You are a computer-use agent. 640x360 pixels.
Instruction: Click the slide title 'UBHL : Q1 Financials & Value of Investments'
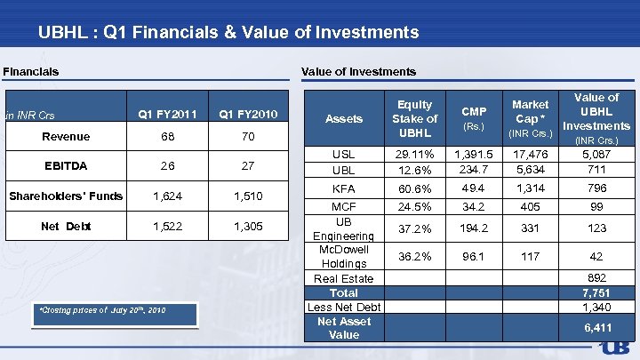228,33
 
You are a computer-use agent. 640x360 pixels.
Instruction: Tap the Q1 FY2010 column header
248,114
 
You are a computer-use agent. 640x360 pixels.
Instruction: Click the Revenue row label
67,136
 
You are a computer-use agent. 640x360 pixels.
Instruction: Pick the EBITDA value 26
168,165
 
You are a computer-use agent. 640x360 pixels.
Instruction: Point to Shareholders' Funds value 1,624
168,196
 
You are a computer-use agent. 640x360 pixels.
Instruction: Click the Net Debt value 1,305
248,226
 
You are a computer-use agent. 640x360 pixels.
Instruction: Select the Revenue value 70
248,136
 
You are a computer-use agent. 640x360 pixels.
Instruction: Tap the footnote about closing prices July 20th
103,310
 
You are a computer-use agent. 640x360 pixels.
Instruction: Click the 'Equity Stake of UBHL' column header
414,118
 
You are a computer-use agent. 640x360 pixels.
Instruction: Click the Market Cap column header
530,118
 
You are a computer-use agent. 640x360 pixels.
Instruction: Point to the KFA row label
344,188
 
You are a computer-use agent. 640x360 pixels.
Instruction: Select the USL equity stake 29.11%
414,154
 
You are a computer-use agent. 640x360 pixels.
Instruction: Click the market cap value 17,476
530,154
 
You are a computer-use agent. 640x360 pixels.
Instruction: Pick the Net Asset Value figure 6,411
596,328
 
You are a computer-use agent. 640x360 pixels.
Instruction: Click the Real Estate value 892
596,277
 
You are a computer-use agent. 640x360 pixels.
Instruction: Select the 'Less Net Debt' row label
344,307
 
